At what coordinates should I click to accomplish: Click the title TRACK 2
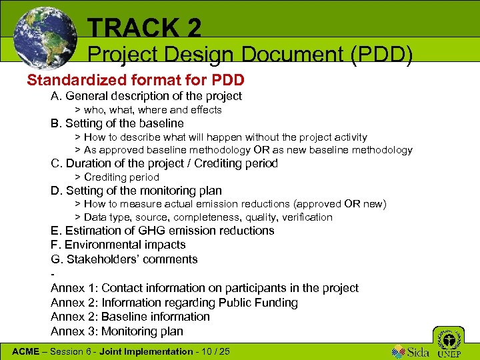(x=144, y=28)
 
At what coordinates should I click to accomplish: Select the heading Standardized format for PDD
(x=135, y=81)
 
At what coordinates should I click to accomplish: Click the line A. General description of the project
(x=146, y=96)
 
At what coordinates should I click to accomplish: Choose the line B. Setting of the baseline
(x=117, y=123)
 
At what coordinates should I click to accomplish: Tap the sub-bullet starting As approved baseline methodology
(x=247, y=150)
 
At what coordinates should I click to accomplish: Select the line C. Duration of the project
(x=164, y=163)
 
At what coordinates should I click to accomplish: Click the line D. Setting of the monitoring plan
(x=136, y=191)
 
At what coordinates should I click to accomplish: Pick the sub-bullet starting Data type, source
(x=207, y=217)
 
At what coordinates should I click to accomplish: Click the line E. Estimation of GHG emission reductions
(x=162, y=231)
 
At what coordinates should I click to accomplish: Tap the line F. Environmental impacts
(x=118, y=245)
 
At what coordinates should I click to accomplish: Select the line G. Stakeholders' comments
(x=124, y=259)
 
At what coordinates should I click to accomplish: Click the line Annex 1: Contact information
(x=204, y=288)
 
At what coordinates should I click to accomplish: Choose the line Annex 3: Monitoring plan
(x=117, y=331)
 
